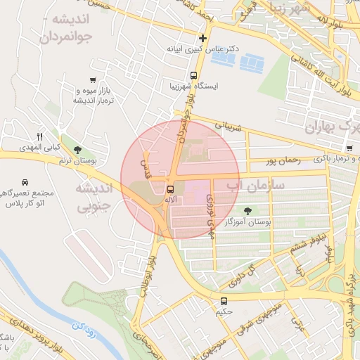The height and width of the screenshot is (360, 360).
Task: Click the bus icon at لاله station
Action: pos(170,189)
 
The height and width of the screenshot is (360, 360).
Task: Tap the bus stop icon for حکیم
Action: pos(224,300)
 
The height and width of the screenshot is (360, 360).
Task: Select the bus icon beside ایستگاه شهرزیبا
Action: pos(193,75)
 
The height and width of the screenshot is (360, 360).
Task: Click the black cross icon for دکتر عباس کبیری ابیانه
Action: pos(203,38)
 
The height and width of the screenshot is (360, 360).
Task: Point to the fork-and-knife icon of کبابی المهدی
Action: pos(40,136)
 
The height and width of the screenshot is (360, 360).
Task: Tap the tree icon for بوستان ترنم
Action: pos(77,150)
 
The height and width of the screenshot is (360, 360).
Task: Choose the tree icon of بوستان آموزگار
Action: pos(247,210)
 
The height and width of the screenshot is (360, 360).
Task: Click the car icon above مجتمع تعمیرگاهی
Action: pos(26,183)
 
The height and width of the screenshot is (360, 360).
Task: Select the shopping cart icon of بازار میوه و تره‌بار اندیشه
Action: pos(93,81)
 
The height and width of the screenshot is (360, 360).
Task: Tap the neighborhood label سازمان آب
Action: pos(256,186)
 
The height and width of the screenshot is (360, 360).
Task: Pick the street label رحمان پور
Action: pos(283,160)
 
